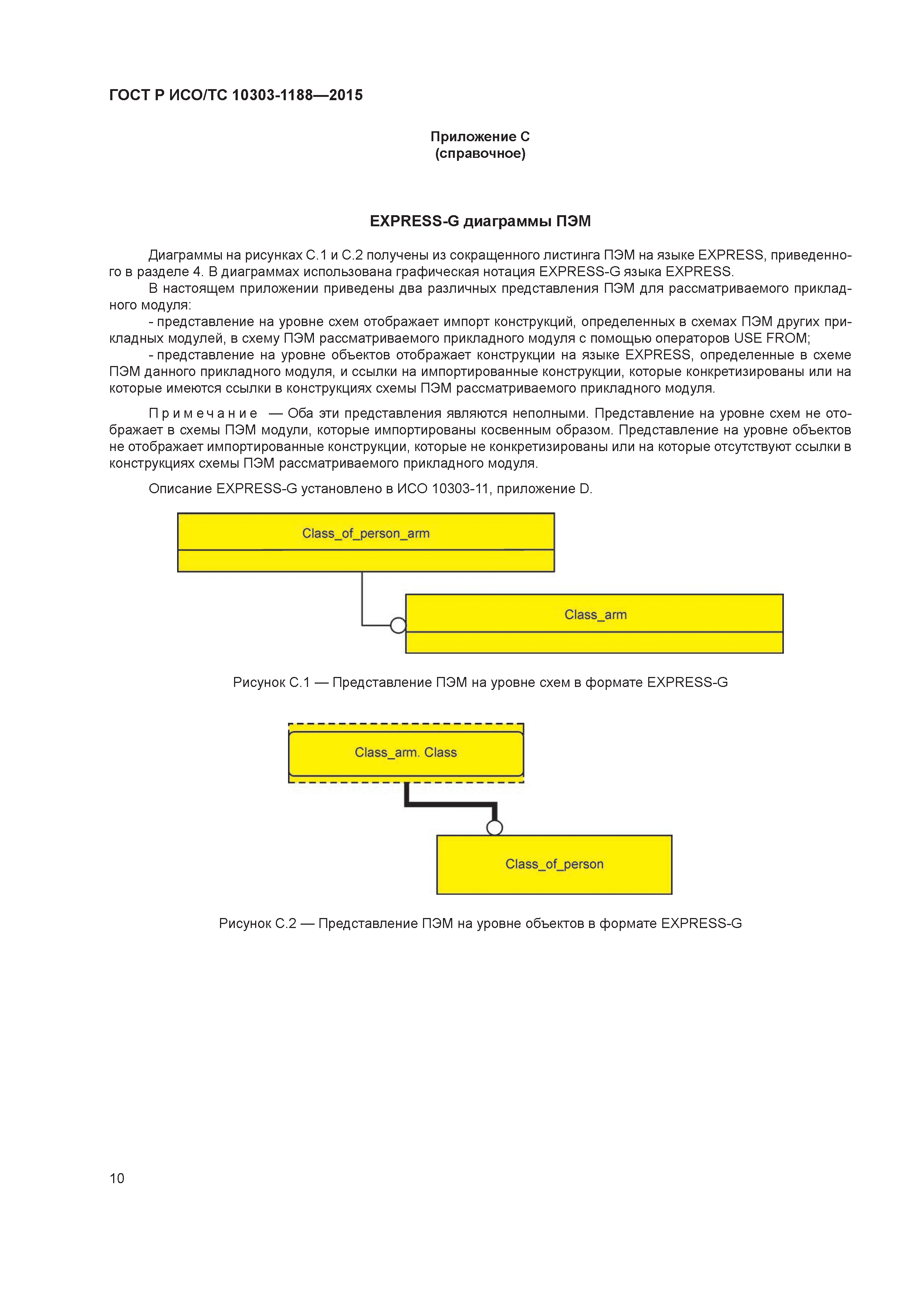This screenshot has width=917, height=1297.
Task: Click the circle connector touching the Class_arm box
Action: [398, 625]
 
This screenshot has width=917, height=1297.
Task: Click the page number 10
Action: [117, 1178]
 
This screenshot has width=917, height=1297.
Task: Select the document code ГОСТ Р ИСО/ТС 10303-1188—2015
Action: [236, 95]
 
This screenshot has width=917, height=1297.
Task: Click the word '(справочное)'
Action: [480, 154]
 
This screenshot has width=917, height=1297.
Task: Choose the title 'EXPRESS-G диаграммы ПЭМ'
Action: [480, 221]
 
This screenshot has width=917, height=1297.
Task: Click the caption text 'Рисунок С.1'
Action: [271, 683]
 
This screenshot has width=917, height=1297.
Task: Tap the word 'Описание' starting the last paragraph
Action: [180, 489]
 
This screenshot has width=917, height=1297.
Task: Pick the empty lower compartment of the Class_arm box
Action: [594, 643]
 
